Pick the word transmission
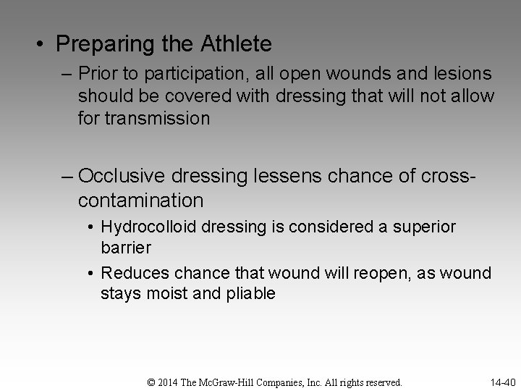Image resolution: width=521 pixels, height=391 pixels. click(157, 117)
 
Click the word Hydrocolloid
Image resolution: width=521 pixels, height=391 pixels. click(149, 227)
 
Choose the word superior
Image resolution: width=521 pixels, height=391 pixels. click(425, 227)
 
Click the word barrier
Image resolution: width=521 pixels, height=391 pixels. click(126, 248)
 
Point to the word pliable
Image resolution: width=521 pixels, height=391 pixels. click(250, 294)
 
